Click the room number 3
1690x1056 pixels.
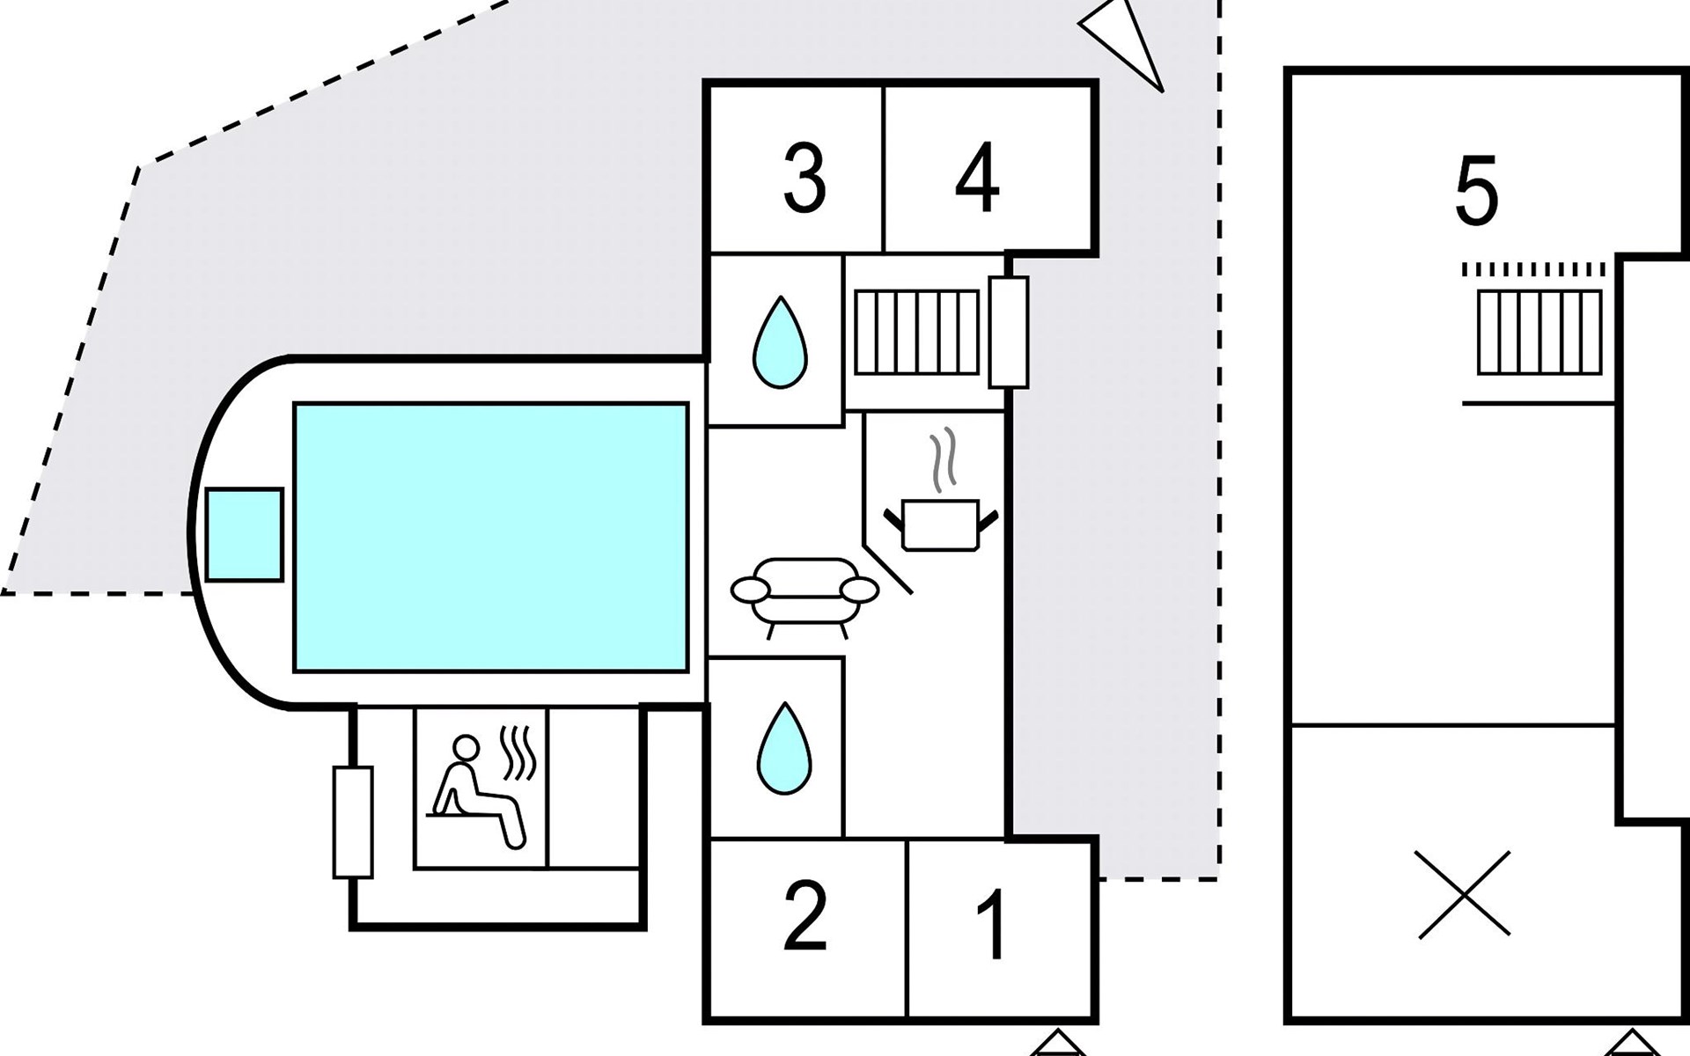click(x=805, y=180)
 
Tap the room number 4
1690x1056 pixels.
click(x=977, y=179)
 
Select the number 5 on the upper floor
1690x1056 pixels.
click(x=1476, y=192)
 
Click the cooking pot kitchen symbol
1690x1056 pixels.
click(x=941, y=524)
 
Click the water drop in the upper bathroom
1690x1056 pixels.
click(x=780, y=343)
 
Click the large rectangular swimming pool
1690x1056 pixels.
click(x=491, y=537)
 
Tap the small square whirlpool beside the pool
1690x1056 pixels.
click(x=244, y=534)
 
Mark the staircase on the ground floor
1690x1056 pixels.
click(x=916, y=333)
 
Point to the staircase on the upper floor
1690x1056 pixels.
click(x=1539, y=333)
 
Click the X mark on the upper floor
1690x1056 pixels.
click(x=1465, y=893)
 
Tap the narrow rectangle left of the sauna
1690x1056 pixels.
click(x=352, y=822)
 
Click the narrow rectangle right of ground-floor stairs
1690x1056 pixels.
click(x=1009, y=332)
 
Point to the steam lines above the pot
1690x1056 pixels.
click(x=943, y=459)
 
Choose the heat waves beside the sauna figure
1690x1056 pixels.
click(x=518, y=753)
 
